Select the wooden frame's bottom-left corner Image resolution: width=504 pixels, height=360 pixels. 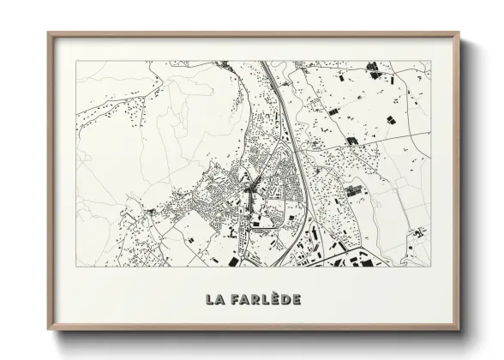[x=48, y=330]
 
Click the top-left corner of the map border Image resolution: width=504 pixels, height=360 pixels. [x=76, y=60]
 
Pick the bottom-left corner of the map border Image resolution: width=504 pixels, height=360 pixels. [x=76, y=266]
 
